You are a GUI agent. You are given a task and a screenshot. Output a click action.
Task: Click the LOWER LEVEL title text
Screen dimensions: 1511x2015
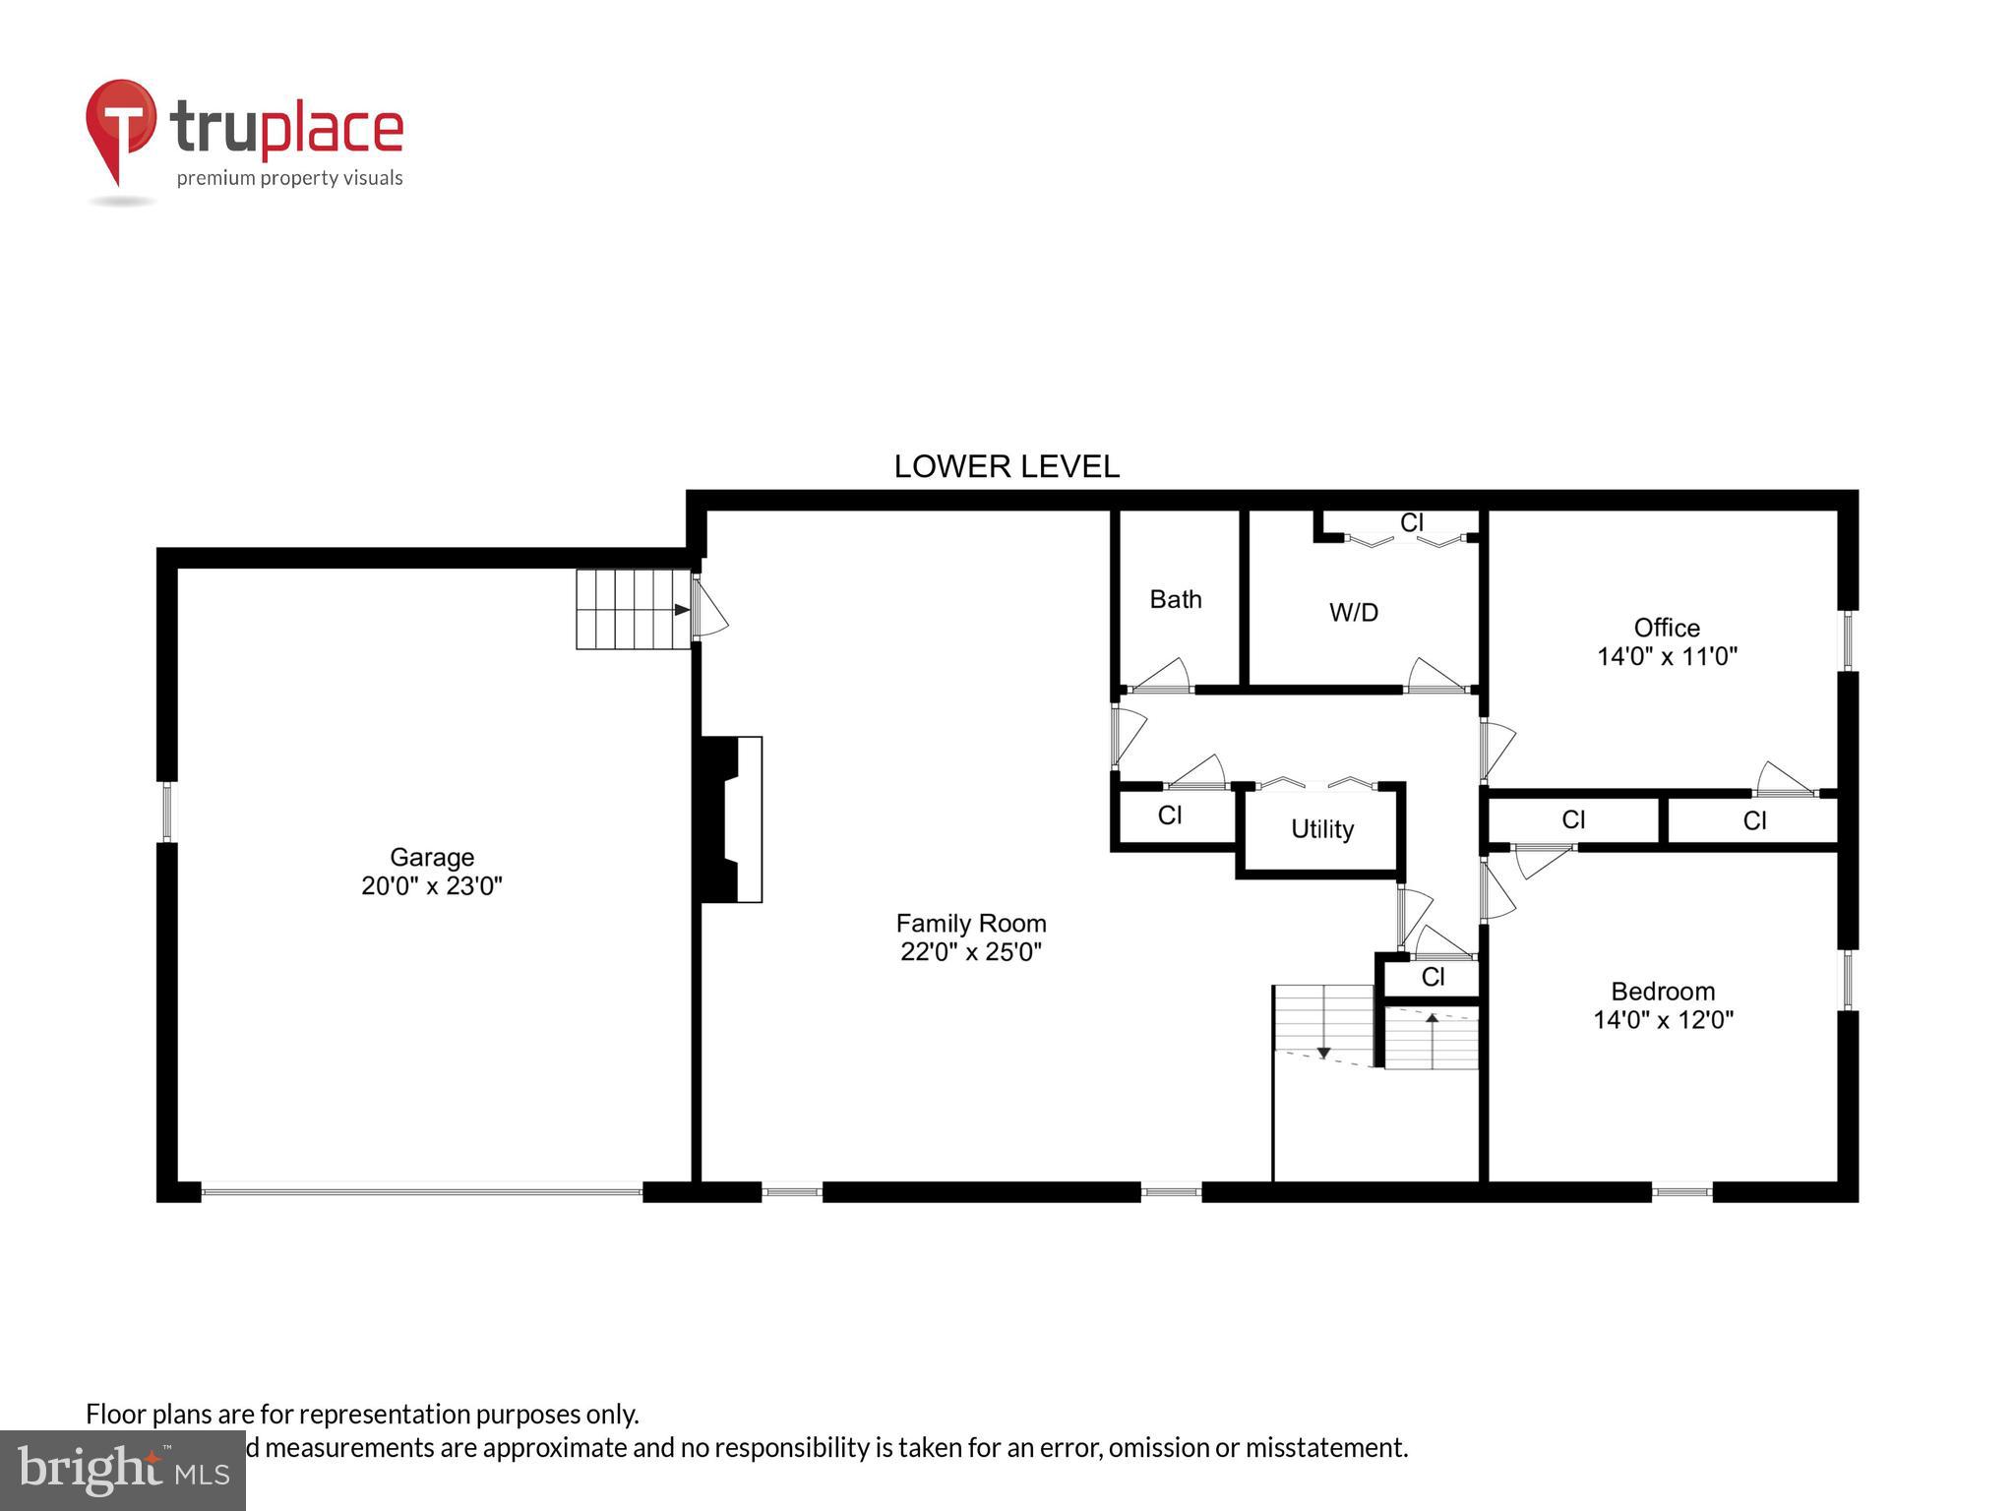pyautogui.click(x=1006, y=466)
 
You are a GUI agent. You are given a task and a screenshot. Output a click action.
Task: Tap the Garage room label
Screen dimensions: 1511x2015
pyautogui.click(x=431, y=857)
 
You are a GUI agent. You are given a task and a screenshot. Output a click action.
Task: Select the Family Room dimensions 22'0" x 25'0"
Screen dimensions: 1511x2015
pyautogui.click(x=970, y=952)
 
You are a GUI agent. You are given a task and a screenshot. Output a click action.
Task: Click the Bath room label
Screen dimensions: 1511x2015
pyautogui.click(x=1176, y=599)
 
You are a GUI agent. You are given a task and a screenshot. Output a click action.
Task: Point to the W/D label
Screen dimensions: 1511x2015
pyautogui.click(x=1353, y=613)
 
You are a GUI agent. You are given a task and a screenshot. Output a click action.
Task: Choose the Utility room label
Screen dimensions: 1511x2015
pyautogui.click(x=1321, y=829)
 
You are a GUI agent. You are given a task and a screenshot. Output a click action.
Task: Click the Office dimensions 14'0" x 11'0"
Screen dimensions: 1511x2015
pyautogui.click(x=1666, y=656)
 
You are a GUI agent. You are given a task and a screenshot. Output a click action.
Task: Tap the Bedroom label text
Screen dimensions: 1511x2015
pyautogui.click(x=1662, y=991)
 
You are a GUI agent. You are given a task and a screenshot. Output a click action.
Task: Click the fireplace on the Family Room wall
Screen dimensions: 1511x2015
pyautogui.click(x=731, y=818)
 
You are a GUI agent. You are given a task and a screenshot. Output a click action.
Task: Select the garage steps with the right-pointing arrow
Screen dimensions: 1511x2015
pyautogui.click(x=632, y=609)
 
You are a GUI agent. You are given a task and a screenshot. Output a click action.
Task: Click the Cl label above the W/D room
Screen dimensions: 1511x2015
pyautogui.click(x=1411, y=523)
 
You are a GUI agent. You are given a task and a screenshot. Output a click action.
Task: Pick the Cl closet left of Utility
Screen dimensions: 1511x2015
pyautogui.click(x=1169, y=816)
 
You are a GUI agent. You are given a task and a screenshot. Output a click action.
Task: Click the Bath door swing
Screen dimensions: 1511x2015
pyautogui.click(x=1165, y=675)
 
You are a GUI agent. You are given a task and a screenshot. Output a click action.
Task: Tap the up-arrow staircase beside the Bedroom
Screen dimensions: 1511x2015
pyautogui.click(x=1432, y=1038)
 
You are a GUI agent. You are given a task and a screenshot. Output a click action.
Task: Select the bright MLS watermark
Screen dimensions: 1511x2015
pyautogui.click(x=122, y=1471)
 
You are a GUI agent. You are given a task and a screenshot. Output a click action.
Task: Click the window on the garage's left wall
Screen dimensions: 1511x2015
pyautogui.click(x=166, y=812)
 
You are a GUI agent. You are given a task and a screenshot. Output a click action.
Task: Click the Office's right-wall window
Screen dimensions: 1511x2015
pyautogui.click(x=1847, y=640)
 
